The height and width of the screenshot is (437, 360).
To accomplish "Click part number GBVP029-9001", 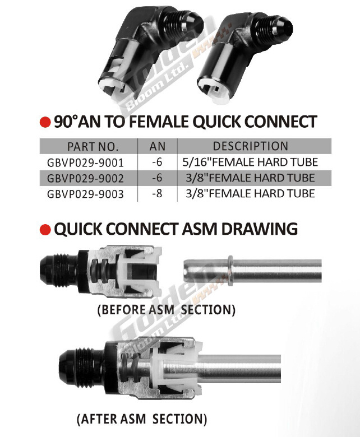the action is click(85, 162).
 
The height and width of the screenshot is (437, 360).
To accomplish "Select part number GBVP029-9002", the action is click(85, 178).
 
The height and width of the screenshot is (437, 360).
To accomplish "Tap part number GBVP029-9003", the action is click(85, 194).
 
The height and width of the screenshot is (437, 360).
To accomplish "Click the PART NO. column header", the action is click(93, 147).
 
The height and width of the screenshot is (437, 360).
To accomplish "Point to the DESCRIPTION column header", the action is click(251, 146).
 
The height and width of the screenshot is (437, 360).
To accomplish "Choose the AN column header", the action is click(158, 146).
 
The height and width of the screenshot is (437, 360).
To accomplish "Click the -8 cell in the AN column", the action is click(157, 193).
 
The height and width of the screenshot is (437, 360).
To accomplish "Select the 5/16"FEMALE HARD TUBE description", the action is click(250, 162).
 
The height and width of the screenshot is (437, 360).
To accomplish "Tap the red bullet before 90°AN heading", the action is click(45, 122).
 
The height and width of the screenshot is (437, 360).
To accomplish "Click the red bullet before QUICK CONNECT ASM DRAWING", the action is click(45, 230).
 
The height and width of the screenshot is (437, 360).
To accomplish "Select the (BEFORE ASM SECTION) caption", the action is click(167, 310).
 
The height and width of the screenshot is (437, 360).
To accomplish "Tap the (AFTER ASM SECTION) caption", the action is click(142, 419).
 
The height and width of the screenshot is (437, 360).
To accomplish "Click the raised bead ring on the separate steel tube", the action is click(230, 271).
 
